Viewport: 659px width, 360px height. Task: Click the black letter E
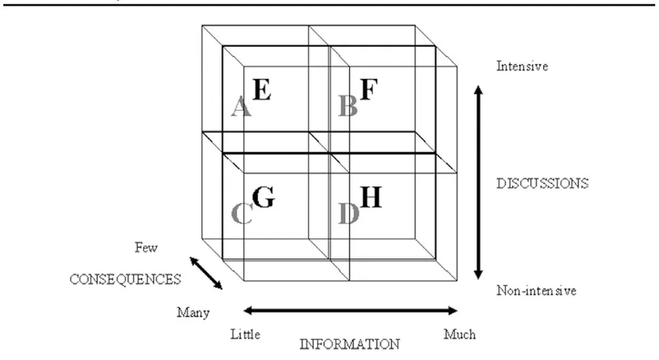pyautogui.click(x=262, y=90)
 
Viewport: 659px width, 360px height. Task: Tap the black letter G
pyautogui.click(x=263, y=196)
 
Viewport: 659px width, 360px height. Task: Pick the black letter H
pyautogui.click(x=371, y=196)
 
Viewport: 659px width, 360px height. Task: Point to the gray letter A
pyautogui.click(x=241, y=105)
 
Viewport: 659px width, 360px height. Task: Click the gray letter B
pyautogui.click(x=347, y=105)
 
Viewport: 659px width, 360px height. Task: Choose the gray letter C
pyautogui.click(x=242, y=213)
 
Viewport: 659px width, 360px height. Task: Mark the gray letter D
pyautogui.click(x=348, y=213)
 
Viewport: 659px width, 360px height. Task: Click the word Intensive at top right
pyautogui.click(x=523, y=66)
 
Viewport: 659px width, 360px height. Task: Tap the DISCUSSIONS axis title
pyautogui.click(x=542, y=183)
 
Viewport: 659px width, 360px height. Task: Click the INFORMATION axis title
pyautogui.click(x=349, y=344)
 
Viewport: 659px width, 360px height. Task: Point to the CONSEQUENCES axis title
pyautogui.click(x=125, y=279)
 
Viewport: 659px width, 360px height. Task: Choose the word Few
pyautogui.click(x=146, y=248)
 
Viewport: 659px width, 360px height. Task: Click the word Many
pyautogui.click(x=193, y=312)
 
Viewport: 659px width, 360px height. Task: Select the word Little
pyautogui.click(x=245, y=334)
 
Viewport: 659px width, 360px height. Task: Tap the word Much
pyautogui.click(x=459, y=334)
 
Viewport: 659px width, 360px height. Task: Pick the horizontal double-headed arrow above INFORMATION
pyautogui.click(x=350, y=310)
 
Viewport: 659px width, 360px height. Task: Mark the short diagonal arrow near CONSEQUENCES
pyautogui.click(x=206, y=273)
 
